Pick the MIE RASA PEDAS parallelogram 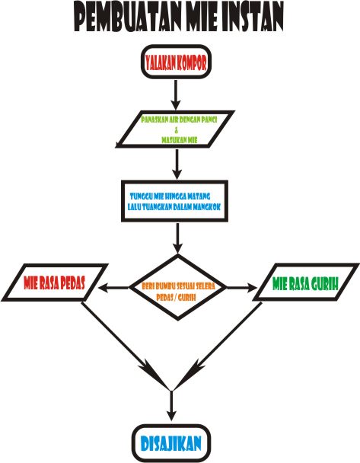click(54, 284)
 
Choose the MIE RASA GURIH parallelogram click(304, 284)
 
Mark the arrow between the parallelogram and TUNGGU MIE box click(177, 163)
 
